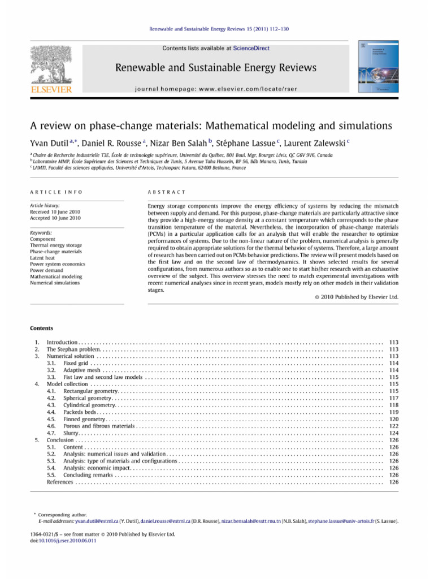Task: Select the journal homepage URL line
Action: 216,89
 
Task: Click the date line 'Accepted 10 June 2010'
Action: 51,218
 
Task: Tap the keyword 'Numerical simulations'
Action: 55,283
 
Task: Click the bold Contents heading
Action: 41,328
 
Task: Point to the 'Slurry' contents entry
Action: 71,433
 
